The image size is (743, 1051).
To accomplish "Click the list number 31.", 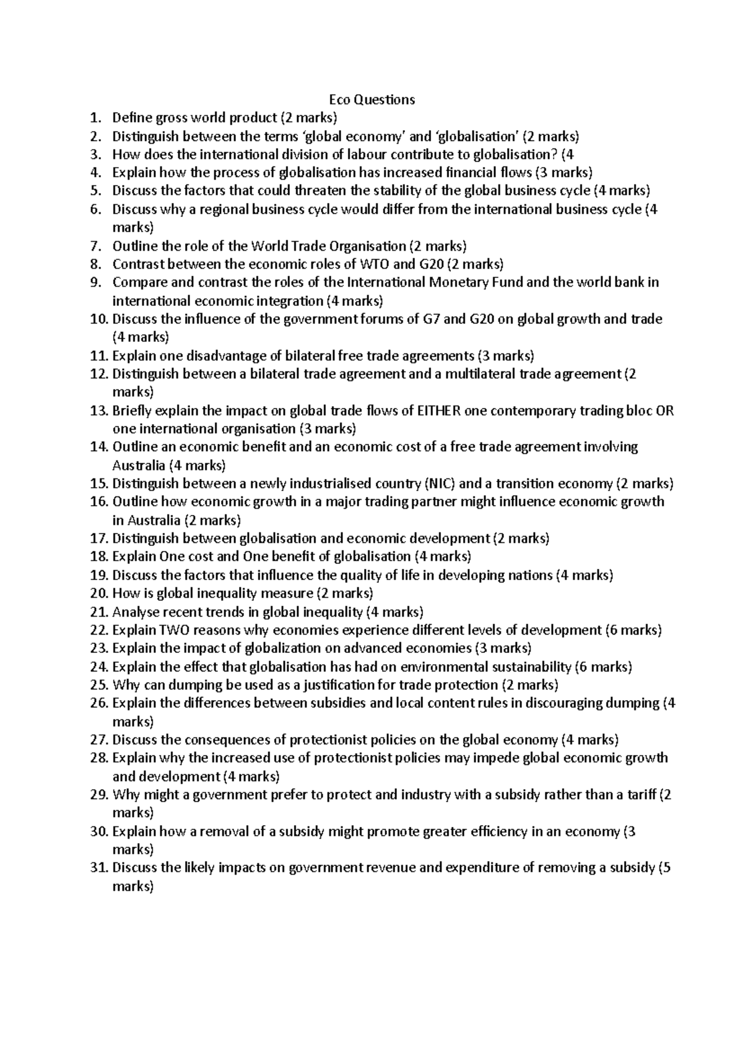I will tap(98, 867).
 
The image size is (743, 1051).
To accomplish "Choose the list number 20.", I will tap(98, 593).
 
